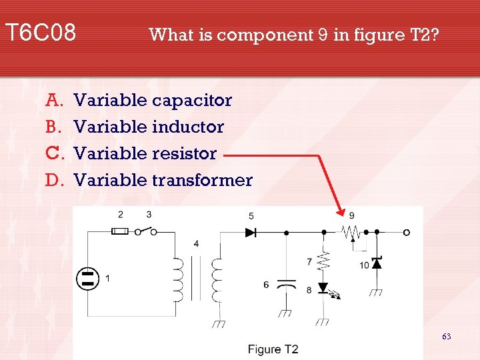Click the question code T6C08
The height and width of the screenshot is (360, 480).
(x=40, y=32)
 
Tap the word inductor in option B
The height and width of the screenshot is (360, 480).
(x=188, y=127)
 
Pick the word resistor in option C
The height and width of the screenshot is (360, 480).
(x=185, y=153)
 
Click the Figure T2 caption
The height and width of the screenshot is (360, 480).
(x=273, y=349)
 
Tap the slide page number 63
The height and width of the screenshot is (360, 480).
(x=446, y=337)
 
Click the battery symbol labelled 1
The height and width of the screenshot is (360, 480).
(x=87, y=278)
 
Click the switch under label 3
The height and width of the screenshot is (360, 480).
(x=147, y=231)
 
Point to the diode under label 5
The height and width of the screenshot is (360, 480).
(x=251, y=233)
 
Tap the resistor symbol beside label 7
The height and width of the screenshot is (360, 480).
(x=324, y=260)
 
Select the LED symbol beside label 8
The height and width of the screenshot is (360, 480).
(x=324, y=288)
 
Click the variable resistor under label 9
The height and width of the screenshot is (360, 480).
(x=350, y=233)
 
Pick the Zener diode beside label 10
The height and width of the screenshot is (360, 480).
(x=377, y=263)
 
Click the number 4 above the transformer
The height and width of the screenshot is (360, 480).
(x=196, y=243)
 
